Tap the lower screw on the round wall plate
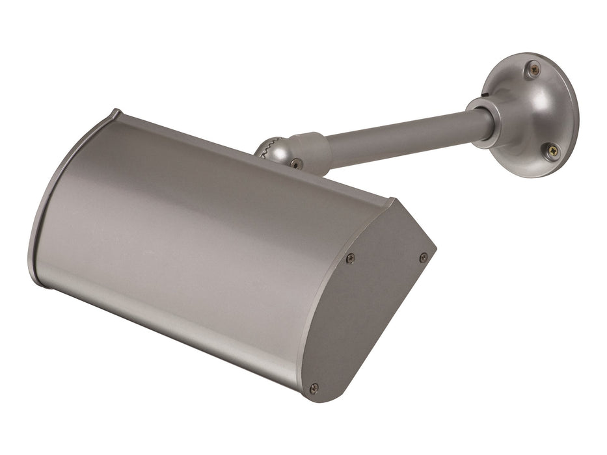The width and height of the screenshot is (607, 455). [551, 150]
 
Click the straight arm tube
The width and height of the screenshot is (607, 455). [403, 137]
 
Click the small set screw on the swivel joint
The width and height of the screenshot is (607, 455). [296, 163]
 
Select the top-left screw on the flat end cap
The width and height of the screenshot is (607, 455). [350, 258]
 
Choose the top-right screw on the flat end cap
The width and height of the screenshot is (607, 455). [424, 257]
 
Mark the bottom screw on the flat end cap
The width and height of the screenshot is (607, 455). [314, 388]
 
